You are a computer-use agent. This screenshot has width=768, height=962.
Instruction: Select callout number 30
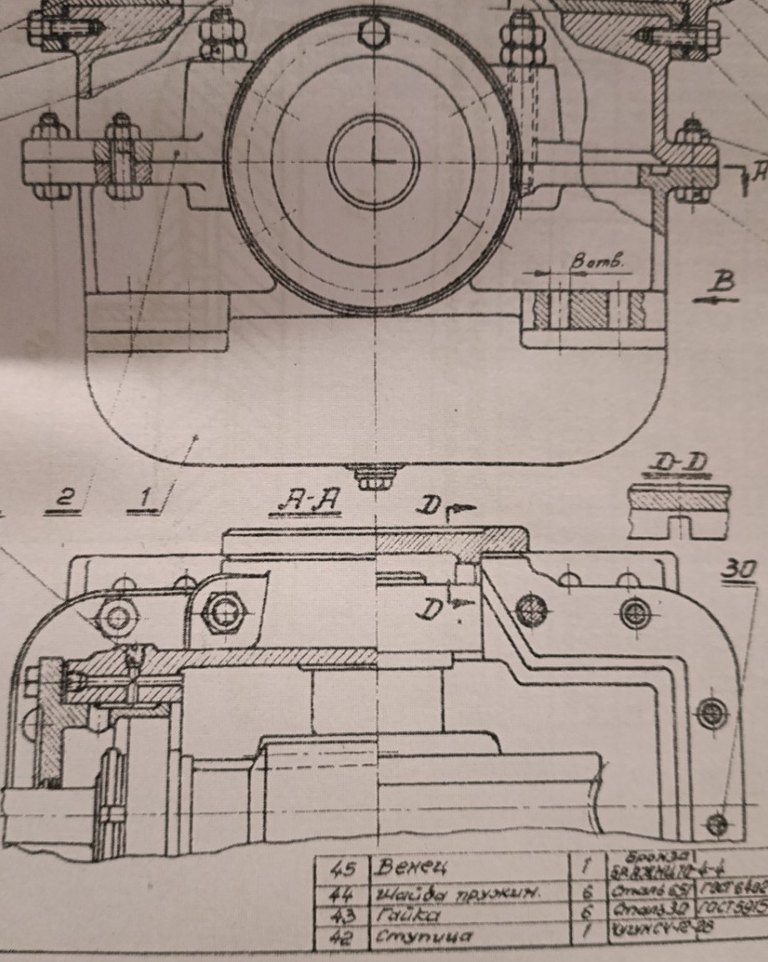(x=738, y=569)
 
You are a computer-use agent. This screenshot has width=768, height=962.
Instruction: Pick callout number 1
(x=147, y=498)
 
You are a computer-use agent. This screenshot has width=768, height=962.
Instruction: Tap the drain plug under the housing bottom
(x=376, y=478)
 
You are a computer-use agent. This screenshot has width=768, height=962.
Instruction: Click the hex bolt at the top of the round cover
(x=375, y=34)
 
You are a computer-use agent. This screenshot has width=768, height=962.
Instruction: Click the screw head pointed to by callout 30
(x=716, y=824)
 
